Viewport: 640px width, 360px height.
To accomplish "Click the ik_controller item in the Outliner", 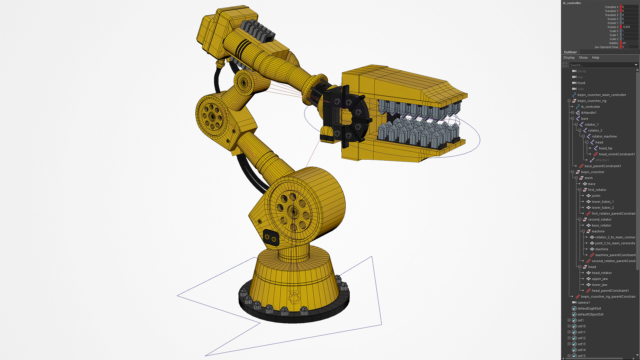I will pos(590,107).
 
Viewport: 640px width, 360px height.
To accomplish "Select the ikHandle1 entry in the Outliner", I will pos(588,113).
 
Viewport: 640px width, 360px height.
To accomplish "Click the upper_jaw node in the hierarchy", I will pos(600,279).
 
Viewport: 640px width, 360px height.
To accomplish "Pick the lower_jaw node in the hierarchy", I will pos(599,285).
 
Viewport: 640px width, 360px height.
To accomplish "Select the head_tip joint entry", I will pos(605,148).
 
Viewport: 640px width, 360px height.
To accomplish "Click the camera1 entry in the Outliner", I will pos(583,302).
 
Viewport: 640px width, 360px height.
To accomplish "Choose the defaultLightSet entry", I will pos(589,308).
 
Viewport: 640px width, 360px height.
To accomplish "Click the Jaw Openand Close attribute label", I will pos(606,47).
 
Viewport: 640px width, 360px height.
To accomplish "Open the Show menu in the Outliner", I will pos(583,58).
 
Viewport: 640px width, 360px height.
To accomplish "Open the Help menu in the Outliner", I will pos(595,58).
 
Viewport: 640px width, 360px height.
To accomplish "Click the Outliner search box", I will pos(600,65).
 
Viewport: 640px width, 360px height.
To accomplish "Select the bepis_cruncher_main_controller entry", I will pos(601,95).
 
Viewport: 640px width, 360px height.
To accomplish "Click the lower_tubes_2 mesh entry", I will pos(602,208).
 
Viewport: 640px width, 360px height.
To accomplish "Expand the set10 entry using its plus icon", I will pos(569,326).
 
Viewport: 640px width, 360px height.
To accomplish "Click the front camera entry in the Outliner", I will pos(581,83).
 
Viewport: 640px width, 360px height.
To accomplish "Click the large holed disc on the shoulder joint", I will pos(293,211).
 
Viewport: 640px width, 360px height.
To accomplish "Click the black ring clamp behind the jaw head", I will pos(347,117).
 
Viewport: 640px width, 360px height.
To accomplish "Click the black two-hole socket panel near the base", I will pos(271,238).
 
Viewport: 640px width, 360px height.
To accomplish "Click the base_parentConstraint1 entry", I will pos(602,166).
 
